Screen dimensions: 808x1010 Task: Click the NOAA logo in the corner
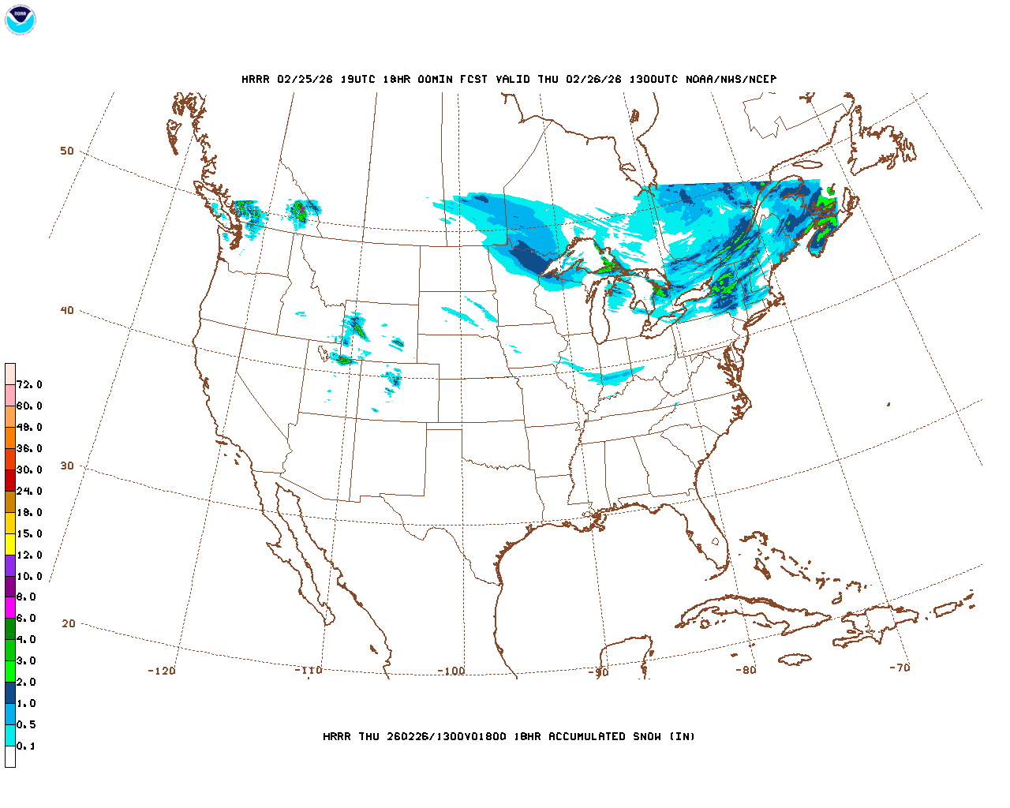click(20, 20)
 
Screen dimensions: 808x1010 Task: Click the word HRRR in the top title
click(256, 79)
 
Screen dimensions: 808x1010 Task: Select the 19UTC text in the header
click(357, 79)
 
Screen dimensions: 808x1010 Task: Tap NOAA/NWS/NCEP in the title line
click(731, 79)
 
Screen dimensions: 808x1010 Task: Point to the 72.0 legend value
click(29, 385)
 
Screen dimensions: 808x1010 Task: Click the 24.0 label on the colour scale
click(29, 491)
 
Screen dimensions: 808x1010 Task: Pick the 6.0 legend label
click(26, 619)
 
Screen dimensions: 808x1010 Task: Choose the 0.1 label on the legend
click(26, 746)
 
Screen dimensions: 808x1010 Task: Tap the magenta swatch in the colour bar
click(10, 608)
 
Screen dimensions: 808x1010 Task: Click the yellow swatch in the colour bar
click(10, 544)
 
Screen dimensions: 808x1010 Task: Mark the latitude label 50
click(67, 151)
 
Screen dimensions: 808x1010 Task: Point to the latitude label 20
click(69, 623)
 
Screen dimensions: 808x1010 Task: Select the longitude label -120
click(161, 671)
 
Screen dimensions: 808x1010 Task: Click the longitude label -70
click(900, 668)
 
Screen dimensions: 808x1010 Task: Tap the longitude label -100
click(451, 671)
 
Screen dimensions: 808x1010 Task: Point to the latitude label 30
click(67, 466)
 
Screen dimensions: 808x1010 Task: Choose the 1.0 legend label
click(26, 703)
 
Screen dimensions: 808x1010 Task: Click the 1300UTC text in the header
click(653, 79)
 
